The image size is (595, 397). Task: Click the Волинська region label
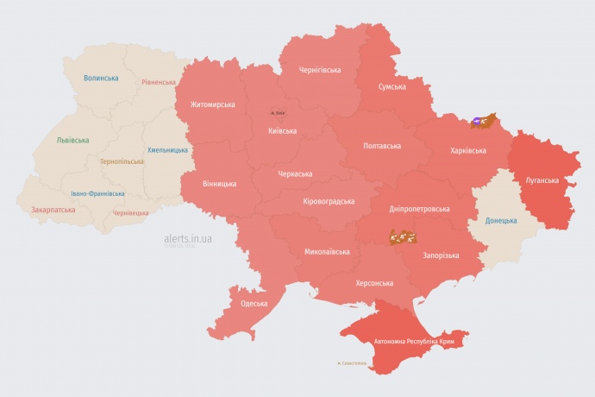101,79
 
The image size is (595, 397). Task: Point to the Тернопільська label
122,162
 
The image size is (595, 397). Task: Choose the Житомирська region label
206,104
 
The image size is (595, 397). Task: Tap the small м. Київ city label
277,113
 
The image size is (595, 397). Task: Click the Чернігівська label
319,70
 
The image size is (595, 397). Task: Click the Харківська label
467,151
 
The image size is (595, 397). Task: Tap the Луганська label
542,180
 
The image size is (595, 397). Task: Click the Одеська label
254,303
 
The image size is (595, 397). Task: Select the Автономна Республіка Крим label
414,342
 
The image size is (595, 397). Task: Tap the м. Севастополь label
352,363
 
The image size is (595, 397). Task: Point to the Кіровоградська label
329,201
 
